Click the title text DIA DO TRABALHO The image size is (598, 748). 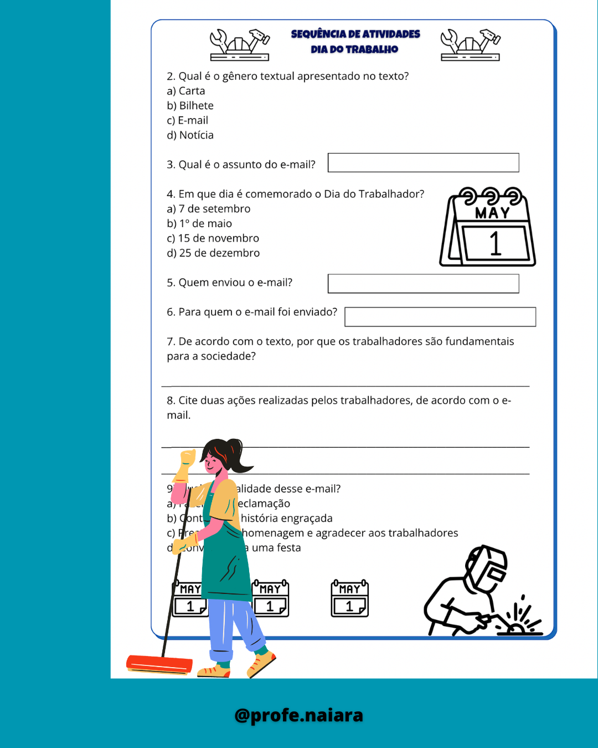(x=354, y=49)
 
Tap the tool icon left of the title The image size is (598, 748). (x=240, y=44)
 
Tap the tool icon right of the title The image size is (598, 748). (x=470, y=44)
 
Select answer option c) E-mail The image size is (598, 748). (x=188, y=120)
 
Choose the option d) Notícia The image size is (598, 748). (x=190, y=135)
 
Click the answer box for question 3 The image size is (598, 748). (x=423, y=163)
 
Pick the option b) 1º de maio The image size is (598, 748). (x=199, y=224)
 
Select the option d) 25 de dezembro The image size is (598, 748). (x=213, y=253)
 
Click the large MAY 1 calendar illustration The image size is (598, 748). (x=488, y=227)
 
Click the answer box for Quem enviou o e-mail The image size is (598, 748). (x=423, y=284)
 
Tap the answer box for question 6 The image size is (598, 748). (x=440, y=317)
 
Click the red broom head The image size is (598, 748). (x=159, y=664)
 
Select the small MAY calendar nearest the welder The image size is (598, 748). (x=350, y=598)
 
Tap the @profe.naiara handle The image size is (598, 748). (x=299, y=715)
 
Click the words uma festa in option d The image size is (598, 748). (x=276, y=548)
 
